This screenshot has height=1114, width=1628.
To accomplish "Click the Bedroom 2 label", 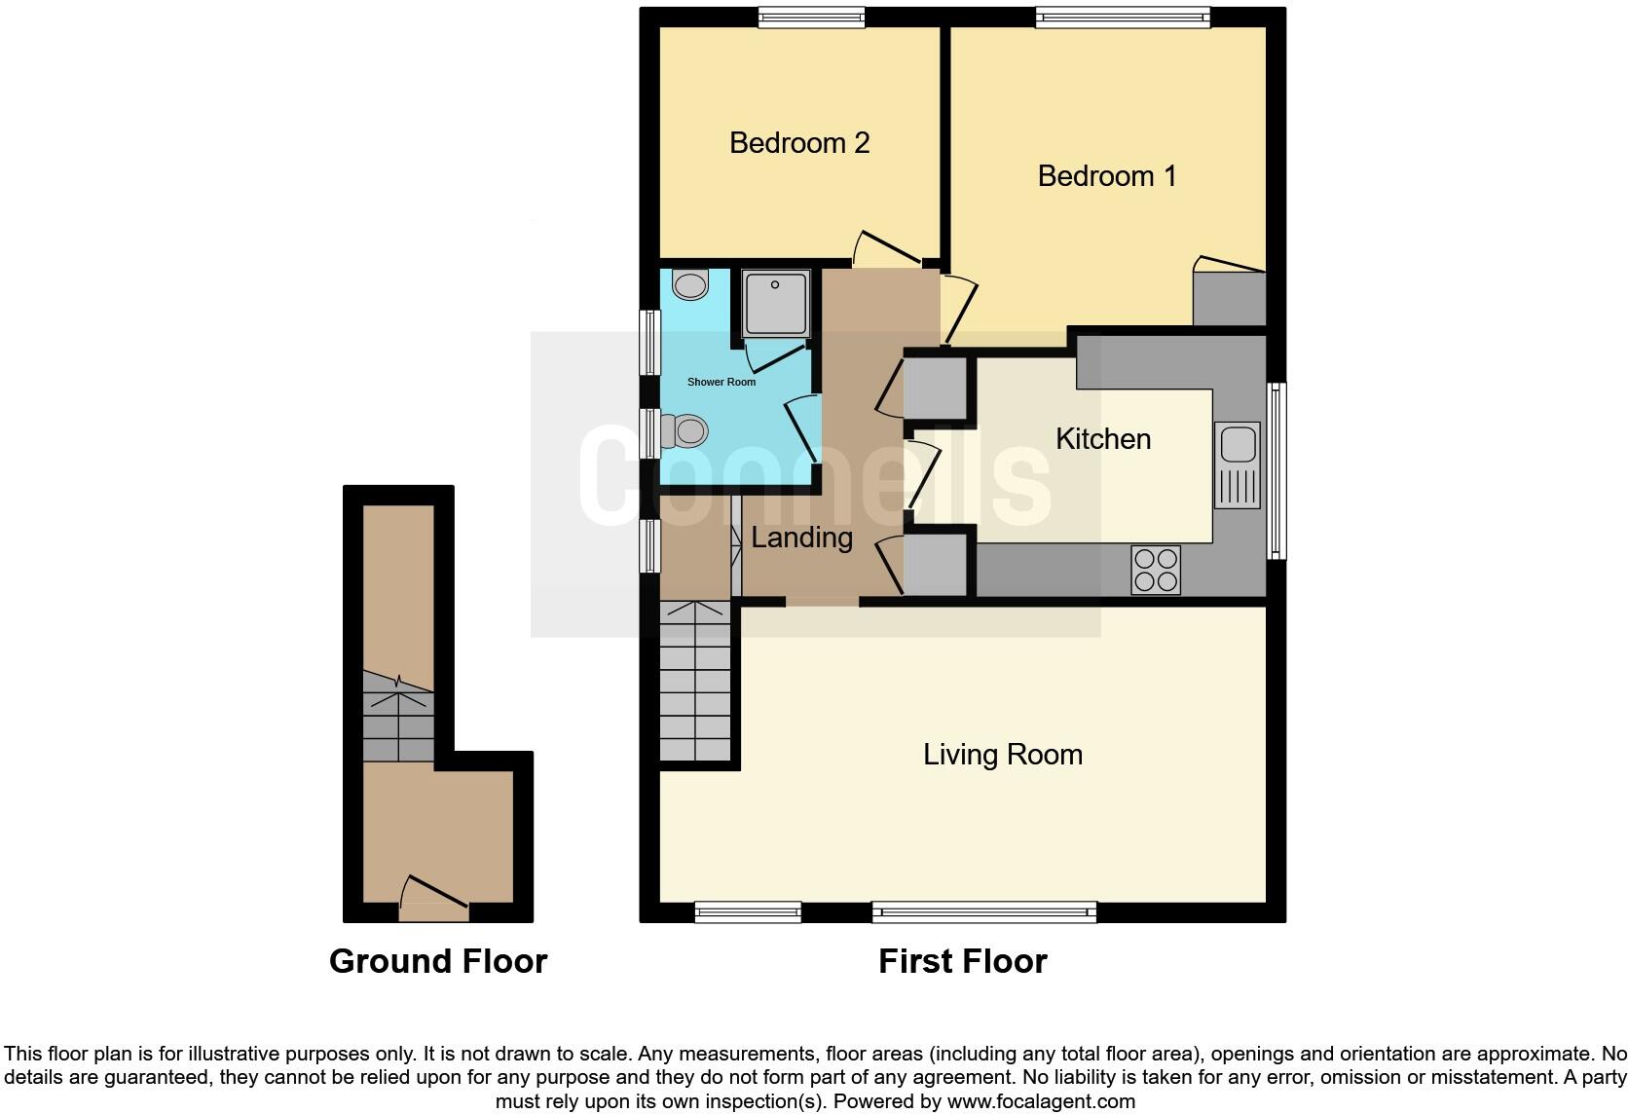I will (x=798, y=143).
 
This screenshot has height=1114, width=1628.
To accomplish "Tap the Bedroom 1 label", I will (x=1106, y=176).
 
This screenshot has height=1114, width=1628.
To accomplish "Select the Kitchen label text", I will (x=1102, y=439).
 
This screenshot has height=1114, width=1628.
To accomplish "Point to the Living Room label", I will (x=1002, y=755).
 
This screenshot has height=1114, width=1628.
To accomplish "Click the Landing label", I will (x=801, y=538).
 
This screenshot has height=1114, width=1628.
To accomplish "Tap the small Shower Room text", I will (x=721, y=382).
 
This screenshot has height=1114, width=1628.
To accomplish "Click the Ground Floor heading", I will (x=438, y=961).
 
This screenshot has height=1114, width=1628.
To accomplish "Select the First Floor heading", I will (x=962, y=961).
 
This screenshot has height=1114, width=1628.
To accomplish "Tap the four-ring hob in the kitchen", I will (x=1156, y=570).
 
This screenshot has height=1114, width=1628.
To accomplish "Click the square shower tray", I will (x=776, y=304).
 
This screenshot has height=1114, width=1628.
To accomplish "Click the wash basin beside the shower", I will (x=690, y=285).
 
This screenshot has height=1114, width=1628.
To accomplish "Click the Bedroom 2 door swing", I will (x=886, y=248).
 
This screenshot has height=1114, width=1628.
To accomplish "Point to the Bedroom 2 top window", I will (x=811, y=18).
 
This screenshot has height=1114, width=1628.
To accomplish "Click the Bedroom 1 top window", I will (x=1123, y=18).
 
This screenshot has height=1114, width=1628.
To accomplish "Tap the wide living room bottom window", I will (x=984, y=912).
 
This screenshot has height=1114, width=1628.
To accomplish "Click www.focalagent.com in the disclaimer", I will (x=1041, y=1101).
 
